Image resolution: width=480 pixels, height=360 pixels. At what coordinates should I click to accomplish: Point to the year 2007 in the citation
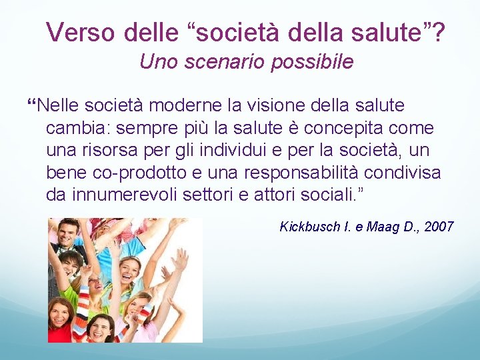point(439,227)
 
